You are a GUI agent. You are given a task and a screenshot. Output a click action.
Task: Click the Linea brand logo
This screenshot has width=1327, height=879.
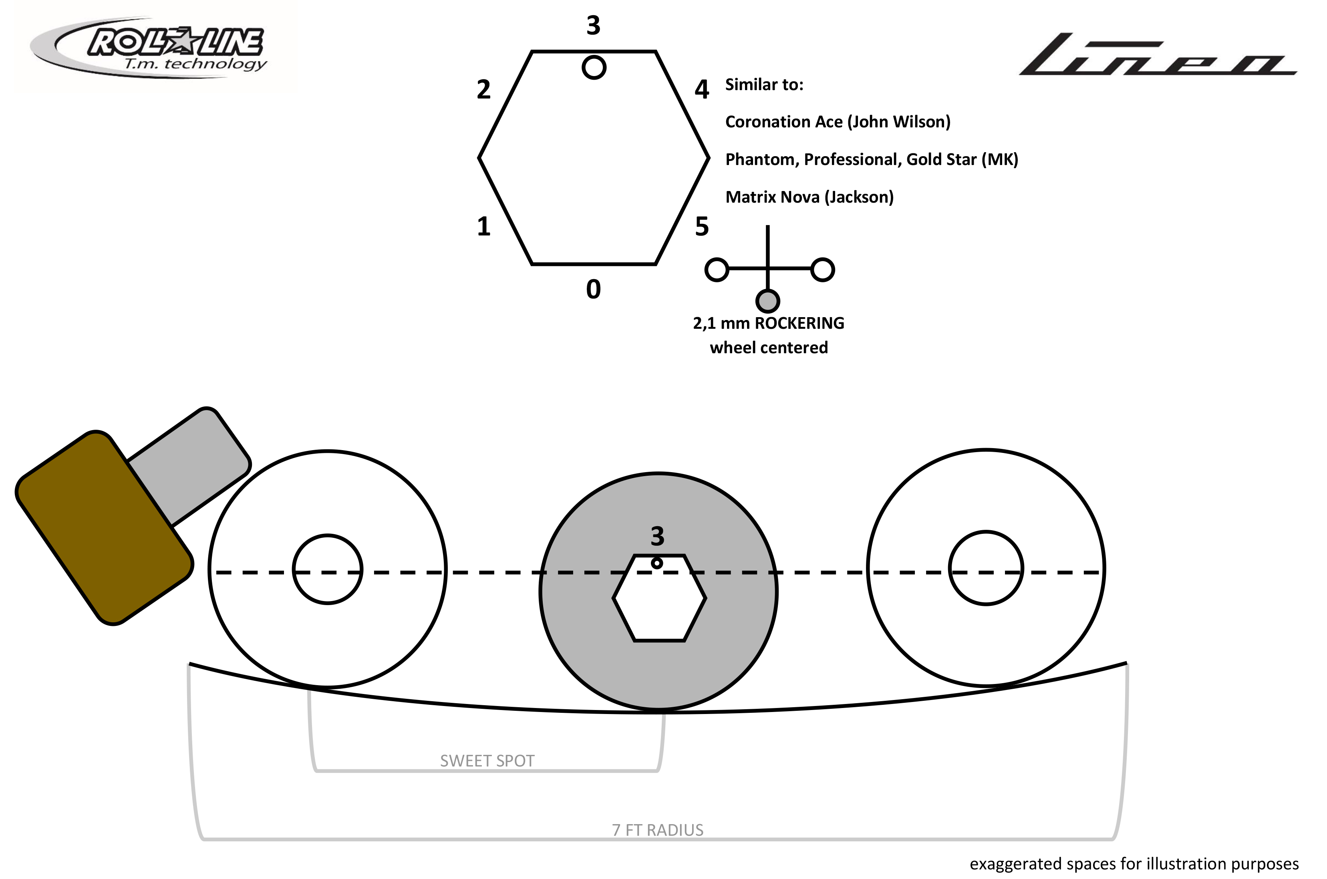point(1158,55)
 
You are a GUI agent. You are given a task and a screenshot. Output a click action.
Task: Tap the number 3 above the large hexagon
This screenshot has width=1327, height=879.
point(593,25)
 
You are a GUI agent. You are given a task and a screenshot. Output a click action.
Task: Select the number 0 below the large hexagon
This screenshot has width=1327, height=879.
point(593,289)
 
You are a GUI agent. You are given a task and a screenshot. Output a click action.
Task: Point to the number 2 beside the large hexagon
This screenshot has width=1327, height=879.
point(483,89)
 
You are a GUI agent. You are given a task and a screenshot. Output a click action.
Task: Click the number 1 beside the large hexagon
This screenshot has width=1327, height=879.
point(483,227)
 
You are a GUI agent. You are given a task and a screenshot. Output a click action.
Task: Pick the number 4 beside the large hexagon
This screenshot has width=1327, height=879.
point(702,89)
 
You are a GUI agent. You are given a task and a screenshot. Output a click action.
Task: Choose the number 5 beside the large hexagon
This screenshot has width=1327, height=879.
point(702,227)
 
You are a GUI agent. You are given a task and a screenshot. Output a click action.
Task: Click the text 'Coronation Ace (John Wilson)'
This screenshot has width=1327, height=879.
point(838,122)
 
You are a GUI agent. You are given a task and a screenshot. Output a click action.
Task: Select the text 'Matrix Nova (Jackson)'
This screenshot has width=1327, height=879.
point(809,197)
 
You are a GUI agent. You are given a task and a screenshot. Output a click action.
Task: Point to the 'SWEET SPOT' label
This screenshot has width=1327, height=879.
point(487,761)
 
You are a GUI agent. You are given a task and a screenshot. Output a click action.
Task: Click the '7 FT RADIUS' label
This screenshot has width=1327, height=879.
point(658,830)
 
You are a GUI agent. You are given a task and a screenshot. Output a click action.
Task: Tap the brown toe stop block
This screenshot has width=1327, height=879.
point(104,527)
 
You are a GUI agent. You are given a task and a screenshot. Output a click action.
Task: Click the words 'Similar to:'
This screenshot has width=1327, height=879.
point(764,84)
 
